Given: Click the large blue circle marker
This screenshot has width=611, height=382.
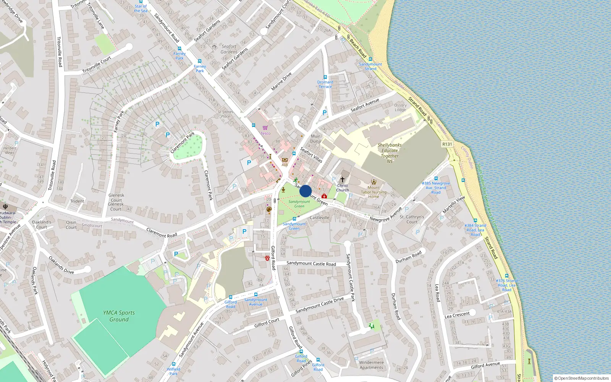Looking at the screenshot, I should tap(305, 191).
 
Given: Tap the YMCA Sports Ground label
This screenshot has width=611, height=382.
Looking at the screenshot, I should tap(119, 316).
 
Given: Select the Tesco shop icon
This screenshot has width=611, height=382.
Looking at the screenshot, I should tap(265, 128).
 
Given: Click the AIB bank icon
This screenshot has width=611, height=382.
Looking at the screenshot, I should tap(284, 160).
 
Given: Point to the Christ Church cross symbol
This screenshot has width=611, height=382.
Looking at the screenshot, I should tap(343, 179).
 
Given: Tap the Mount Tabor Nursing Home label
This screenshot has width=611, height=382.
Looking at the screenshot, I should tap(373, 192).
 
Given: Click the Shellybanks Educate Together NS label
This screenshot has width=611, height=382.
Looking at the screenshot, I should tap(390, 153).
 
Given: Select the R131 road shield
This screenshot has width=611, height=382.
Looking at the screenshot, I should tap(447, 144).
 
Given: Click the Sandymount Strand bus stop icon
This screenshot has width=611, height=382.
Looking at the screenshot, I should tap(370, 59).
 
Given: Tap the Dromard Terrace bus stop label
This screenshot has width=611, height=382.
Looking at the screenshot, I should tap(325, 84).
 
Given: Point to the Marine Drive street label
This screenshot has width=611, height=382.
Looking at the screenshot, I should tap(281, 81).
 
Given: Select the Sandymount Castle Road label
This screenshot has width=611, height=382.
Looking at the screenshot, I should tap(311, 264).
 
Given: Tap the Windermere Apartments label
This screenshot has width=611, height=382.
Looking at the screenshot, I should tap(371, 365).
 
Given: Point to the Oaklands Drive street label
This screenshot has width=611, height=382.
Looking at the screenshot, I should tap(61, 265).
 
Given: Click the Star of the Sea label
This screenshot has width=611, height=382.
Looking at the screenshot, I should tap(141, 8).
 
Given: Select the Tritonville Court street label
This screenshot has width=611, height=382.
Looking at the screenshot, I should tap(97, 65).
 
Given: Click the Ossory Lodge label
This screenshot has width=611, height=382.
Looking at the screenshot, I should tap(400, 107).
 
